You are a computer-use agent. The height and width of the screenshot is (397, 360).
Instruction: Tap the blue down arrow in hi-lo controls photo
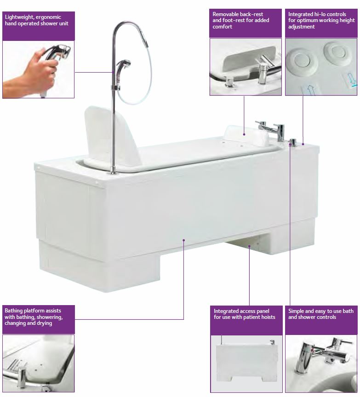coord(351,79)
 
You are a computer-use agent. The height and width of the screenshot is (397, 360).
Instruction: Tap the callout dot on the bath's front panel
coord(183,240)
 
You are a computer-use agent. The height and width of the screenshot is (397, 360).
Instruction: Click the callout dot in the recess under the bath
coord(249,245)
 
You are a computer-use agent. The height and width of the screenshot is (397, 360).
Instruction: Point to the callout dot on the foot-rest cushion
coord(244,134)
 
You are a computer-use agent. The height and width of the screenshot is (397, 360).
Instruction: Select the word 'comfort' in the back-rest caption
coord(222,27)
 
